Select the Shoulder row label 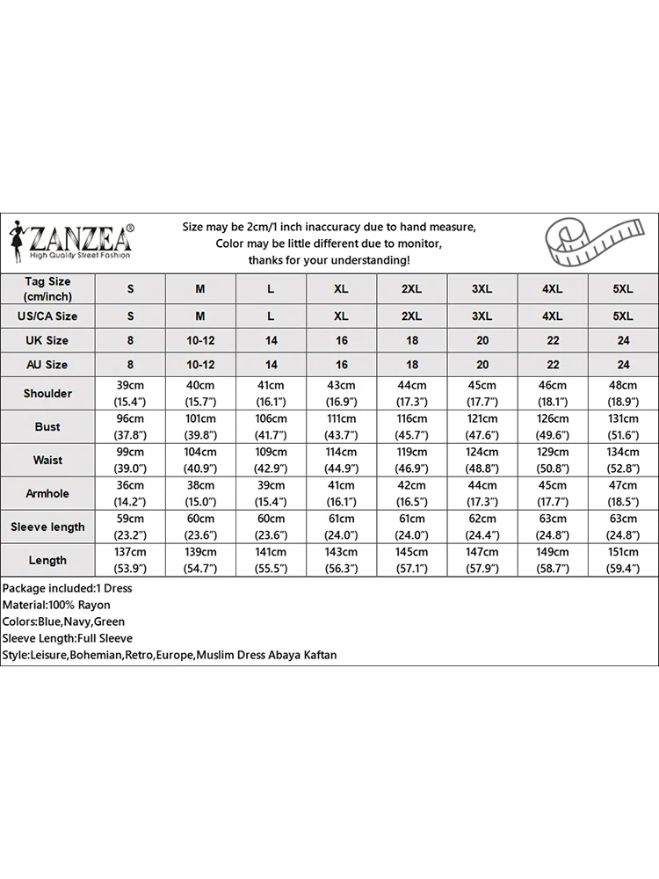(x=47, y=394)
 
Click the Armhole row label (x=47, y=494)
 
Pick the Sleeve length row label (x=47, y=527)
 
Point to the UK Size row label (x=47, y=340)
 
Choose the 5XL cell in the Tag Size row (x=623, y=289)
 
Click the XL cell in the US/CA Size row (x=341, y=316)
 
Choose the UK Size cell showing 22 (x=553, y=340)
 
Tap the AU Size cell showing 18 (x=411, y=365)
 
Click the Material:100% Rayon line (x=56, y=606)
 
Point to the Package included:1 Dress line (x=67, y=588)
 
